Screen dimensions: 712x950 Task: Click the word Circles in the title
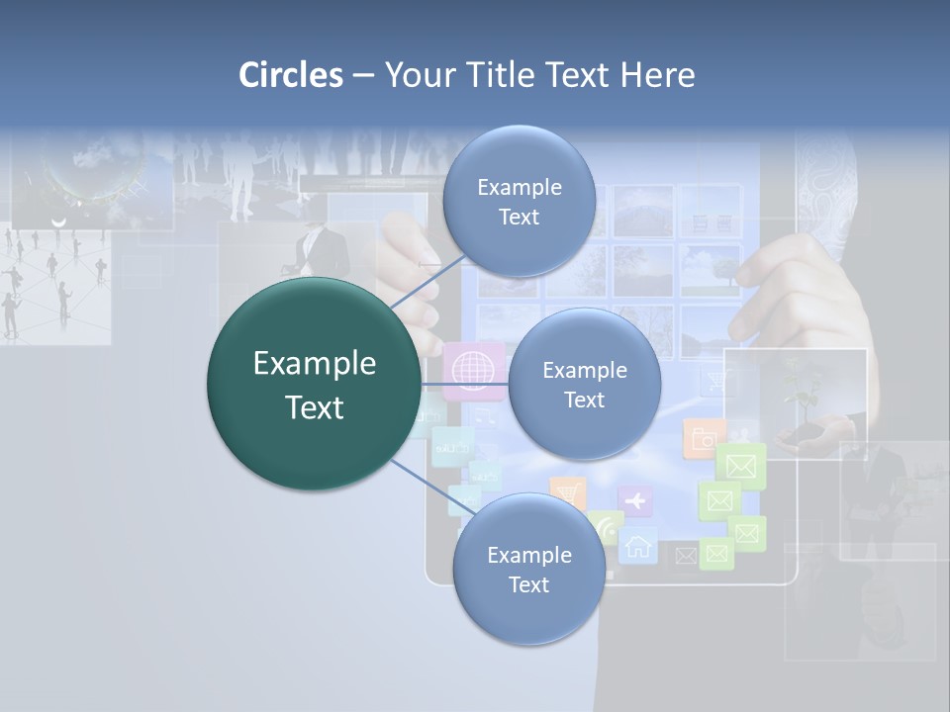(290, 75)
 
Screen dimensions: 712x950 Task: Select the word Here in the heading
(657, 75)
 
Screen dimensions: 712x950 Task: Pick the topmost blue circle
(519, 201)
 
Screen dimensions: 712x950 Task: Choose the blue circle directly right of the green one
(584, 384)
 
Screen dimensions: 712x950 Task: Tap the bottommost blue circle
(528, 569)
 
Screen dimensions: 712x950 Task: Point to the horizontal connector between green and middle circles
(465, 384)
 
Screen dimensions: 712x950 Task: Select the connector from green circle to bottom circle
(431, 487)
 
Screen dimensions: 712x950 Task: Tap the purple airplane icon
(635, 500)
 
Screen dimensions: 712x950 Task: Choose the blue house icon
(638, 545)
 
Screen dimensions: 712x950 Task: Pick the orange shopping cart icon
(566, 491)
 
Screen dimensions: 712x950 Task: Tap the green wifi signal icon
(606, 528)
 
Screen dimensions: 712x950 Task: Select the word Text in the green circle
(314, 407)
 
